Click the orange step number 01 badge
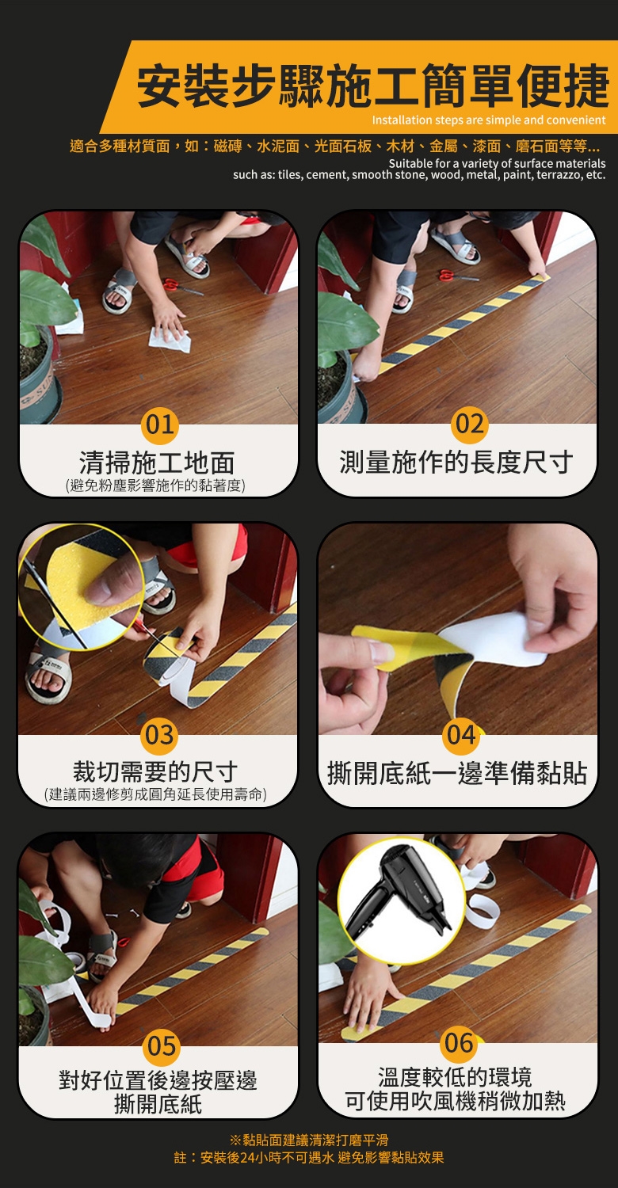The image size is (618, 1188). [x=160, y=425]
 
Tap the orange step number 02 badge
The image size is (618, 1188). [x=470, y=425]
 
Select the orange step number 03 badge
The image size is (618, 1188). [x=159, y=735]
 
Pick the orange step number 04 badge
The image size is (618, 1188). [x=461, y=736]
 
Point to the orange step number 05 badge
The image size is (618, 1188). [x=162, y=1046]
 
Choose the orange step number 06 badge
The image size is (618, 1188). [x=460, y=1043]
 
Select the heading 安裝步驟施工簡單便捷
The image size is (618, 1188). [x=373, y=86]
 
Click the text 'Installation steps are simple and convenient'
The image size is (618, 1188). [x=489, y=120]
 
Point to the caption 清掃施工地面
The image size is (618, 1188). [x=157, y=463]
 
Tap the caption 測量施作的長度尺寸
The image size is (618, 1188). [x=456, y=462]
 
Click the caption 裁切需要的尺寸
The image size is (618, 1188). [x=155, y=771]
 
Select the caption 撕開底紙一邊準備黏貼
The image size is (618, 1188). [x=457, y=773]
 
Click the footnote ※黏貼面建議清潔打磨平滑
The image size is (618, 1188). [x=309, y=1140]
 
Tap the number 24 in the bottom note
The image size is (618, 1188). [x=247, y=1158]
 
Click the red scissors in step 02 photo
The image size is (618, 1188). [x=457, y=276]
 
